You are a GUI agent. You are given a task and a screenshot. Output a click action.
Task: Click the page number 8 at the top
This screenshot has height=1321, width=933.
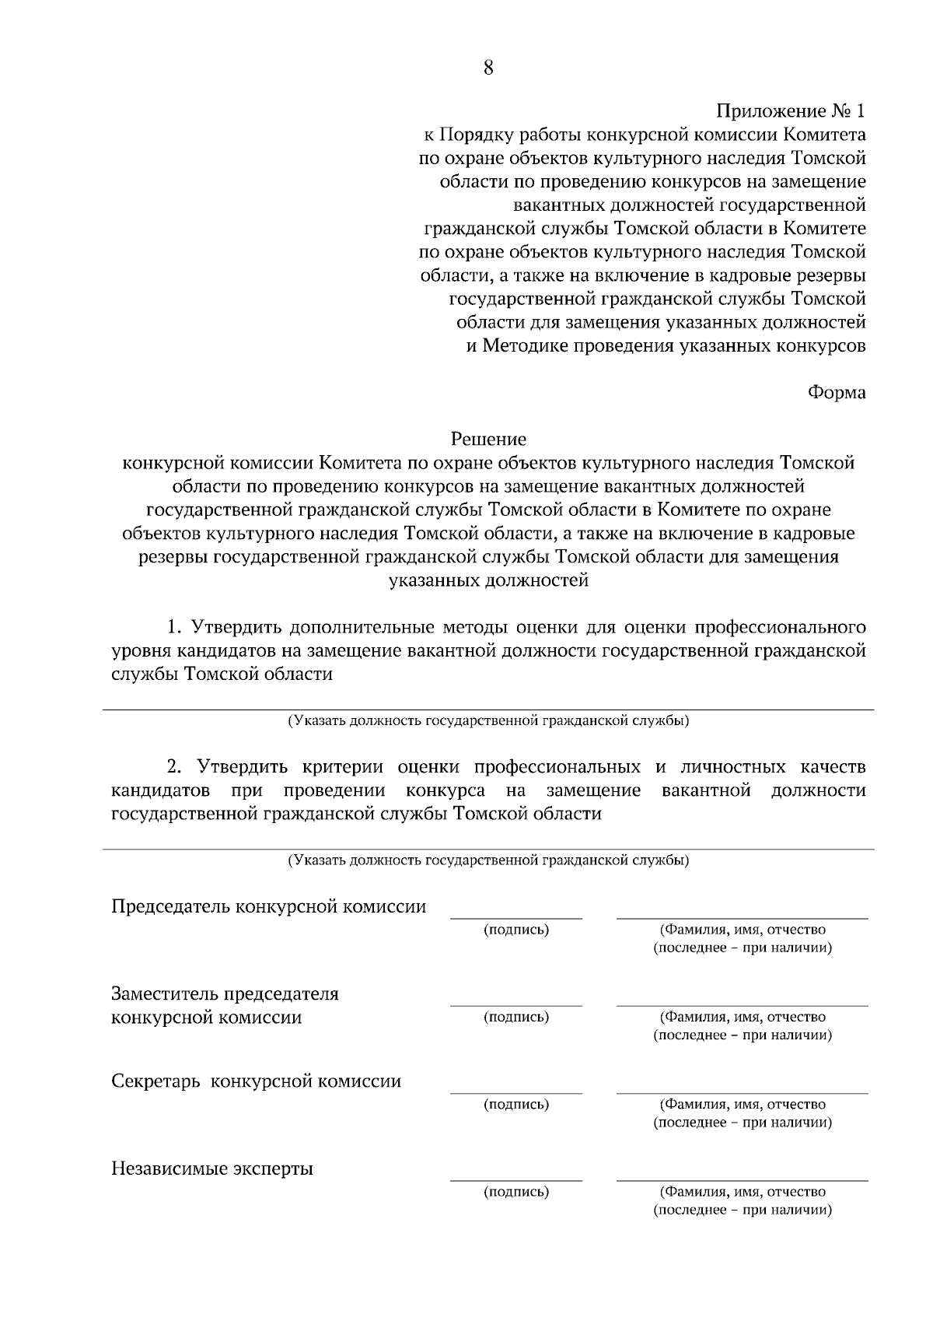488,68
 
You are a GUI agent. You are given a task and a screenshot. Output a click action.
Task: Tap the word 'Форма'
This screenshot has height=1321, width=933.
837,392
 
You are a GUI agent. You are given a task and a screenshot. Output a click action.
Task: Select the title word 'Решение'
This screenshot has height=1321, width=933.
488,440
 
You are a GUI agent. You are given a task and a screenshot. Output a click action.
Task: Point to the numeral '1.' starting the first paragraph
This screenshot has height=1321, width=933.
173,627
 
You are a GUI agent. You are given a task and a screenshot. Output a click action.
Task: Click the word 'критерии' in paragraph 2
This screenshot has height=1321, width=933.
344,767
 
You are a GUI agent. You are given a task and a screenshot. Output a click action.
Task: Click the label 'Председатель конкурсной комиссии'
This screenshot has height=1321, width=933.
269,906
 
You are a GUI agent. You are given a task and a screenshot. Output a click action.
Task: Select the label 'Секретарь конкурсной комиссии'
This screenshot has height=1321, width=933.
257,1081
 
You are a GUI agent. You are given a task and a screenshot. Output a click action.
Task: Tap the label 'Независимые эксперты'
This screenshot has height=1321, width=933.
212,1169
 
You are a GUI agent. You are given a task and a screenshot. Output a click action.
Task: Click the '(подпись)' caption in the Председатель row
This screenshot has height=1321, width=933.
516,930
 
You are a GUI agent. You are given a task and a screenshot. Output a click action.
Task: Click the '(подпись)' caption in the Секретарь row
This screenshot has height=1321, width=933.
516,1104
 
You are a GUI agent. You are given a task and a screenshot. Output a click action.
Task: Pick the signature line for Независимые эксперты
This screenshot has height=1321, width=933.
516,1180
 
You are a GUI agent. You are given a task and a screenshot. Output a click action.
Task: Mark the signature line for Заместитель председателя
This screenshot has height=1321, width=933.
516,1005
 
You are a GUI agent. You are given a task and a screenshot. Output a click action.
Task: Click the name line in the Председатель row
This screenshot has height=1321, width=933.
743,918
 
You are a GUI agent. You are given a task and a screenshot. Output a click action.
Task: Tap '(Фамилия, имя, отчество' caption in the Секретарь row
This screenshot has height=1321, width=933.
743,1104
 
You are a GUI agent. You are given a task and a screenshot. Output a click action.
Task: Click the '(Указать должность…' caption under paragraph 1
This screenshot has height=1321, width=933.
488,720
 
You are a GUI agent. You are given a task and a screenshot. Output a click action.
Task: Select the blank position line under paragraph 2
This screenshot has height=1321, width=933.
488,849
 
